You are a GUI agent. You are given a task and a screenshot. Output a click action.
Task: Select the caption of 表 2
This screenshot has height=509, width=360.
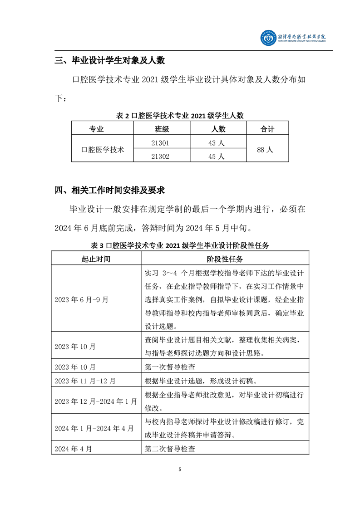(180, 116)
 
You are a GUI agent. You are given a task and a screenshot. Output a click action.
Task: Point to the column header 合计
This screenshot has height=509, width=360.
(267, 129)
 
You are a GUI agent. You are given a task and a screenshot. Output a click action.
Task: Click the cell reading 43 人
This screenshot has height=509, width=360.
(218, 142)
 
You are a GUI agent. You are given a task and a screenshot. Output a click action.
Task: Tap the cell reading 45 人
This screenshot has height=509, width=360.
(218, 156)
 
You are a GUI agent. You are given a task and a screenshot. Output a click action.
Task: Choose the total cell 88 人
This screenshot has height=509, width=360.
(267, 149)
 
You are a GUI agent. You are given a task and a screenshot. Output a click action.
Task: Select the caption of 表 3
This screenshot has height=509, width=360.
(180, 245)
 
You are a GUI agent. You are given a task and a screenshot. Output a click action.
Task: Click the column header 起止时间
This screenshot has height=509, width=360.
(96, 259)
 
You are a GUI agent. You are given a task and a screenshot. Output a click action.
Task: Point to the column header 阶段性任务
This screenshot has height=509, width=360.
(225, 259)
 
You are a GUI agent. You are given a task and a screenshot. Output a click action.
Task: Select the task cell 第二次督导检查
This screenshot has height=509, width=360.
(170, 449)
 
